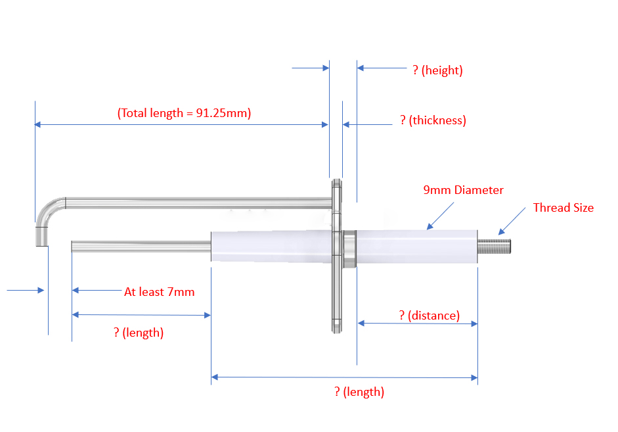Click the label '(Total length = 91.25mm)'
coord(184,112)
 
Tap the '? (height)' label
coord(437,70)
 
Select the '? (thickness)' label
coord(433,120)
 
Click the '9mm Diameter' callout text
coord(464,190)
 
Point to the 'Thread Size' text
coord(563,208)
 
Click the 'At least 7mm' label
coord(160,291)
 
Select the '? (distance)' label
coord(430,316)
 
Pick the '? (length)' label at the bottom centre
coord(359,392)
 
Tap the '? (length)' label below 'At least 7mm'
coord(139,333)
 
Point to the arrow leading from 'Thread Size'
coord(512,220)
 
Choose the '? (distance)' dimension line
coord(417,323)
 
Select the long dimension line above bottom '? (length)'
coord(344,377)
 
